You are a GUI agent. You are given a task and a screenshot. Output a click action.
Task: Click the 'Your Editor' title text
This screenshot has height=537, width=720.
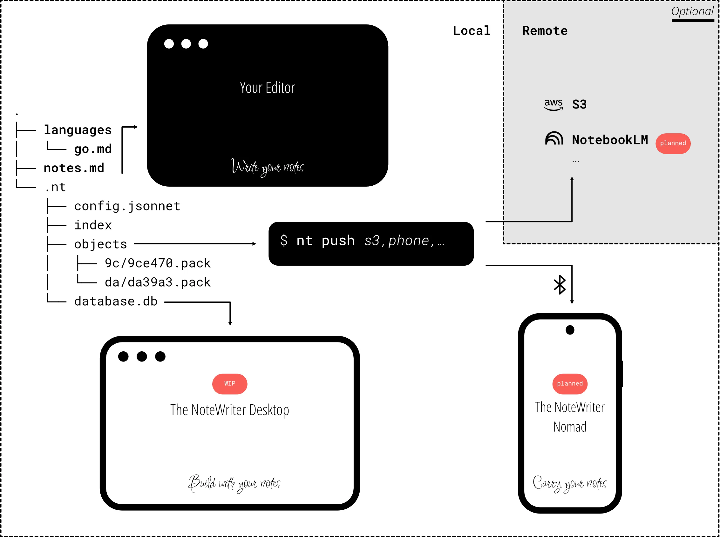[267, 88]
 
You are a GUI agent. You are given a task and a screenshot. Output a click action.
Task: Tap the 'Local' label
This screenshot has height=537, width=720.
[472, 31]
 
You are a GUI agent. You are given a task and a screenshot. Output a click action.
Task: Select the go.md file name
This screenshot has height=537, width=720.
[93, 149]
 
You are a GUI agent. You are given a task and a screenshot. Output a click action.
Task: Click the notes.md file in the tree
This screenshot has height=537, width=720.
[74, 168]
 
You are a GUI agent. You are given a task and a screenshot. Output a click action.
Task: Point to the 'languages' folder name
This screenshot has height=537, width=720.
[78, 130]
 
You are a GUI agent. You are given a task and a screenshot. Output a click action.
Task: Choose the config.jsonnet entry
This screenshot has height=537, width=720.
[127, 206]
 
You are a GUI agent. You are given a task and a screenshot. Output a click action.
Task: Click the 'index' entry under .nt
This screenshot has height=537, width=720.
[93, 225]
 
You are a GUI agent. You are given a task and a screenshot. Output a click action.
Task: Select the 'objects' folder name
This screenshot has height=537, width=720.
[100, 244]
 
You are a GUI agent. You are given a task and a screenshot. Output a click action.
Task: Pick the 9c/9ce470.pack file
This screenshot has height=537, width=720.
[158, 263]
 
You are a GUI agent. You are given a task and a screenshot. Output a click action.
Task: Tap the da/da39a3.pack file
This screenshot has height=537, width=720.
[158, 282]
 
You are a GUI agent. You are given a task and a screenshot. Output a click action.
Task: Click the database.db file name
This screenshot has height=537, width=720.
[116, 301]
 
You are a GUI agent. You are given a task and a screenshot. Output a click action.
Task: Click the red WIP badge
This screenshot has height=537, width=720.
[230, 384]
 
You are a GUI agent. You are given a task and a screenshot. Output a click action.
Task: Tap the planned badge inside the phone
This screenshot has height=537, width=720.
[570, 384]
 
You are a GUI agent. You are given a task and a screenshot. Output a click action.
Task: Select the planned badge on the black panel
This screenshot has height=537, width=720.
[673, 143]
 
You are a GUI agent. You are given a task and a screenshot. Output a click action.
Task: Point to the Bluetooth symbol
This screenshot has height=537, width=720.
[560, 285]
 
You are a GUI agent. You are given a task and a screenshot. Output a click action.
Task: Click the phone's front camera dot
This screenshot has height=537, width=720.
[570, 330]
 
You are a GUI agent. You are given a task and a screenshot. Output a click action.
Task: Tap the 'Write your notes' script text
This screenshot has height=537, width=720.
[268, 167]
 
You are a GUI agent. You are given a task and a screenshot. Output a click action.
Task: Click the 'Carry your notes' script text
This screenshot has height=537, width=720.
[570, 484]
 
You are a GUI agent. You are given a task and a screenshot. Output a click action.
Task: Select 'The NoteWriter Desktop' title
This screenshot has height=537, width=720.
[229, 410]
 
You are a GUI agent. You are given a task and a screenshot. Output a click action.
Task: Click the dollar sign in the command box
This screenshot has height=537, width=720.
[284, 241]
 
